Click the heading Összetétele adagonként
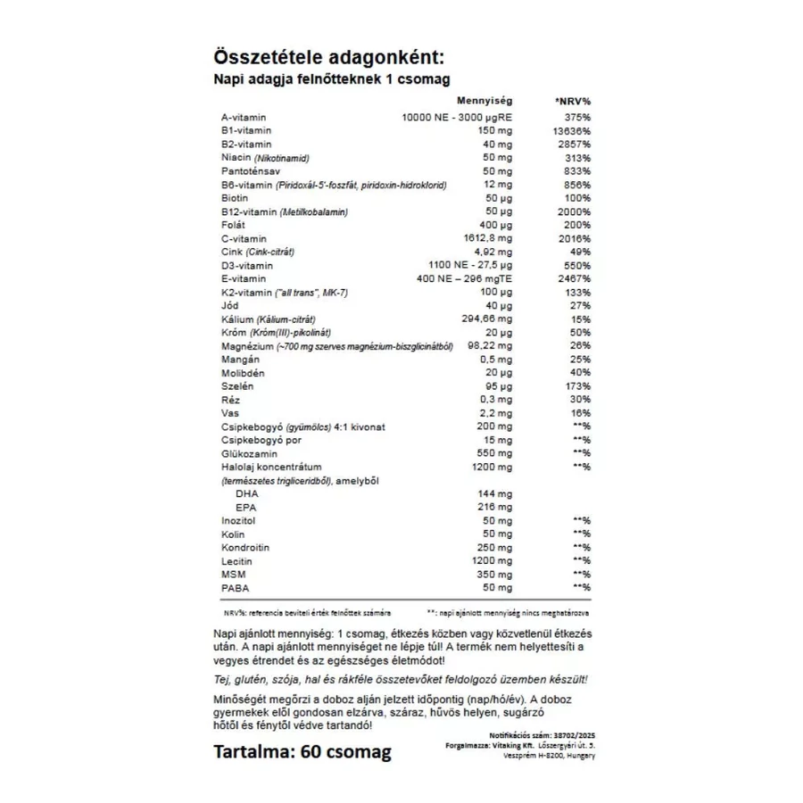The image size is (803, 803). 328,58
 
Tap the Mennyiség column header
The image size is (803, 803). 483,102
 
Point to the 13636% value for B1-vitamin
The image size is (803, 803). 571,131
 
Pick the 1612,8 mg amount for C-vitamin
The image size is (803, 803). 486,239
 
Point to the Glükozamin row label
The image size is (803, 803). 246,453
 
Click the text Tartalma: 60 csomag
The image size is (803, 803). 302,752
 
